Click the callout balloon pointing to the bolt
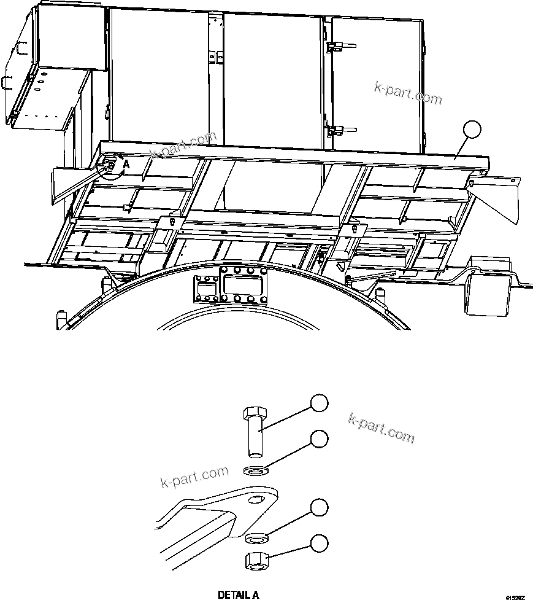(318, 403)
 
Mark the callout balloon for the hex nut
(318, 542)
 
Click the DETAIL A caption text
(239, 594)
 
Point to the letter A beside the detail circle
(126, 164)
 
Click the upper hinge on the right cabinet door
(336, 46)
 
